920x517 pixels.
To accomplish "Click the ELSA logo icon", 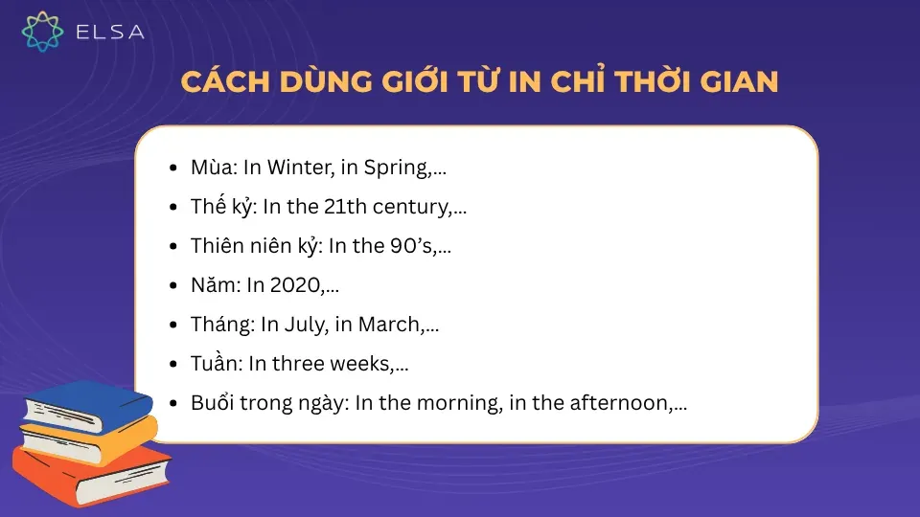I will [42, 31].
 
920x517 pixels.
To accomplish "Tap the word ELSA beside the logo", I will [109, 32].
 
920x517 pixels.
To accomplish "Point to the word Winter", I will [297, 168].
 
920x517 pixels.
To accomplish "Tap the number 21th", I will [351, 207].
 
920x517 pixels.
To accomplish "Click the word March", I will [389, 325].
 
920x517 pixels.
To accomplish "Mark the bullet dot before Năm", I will [172, 285].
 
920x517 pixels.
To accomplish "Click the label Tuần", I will [214, 364].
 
